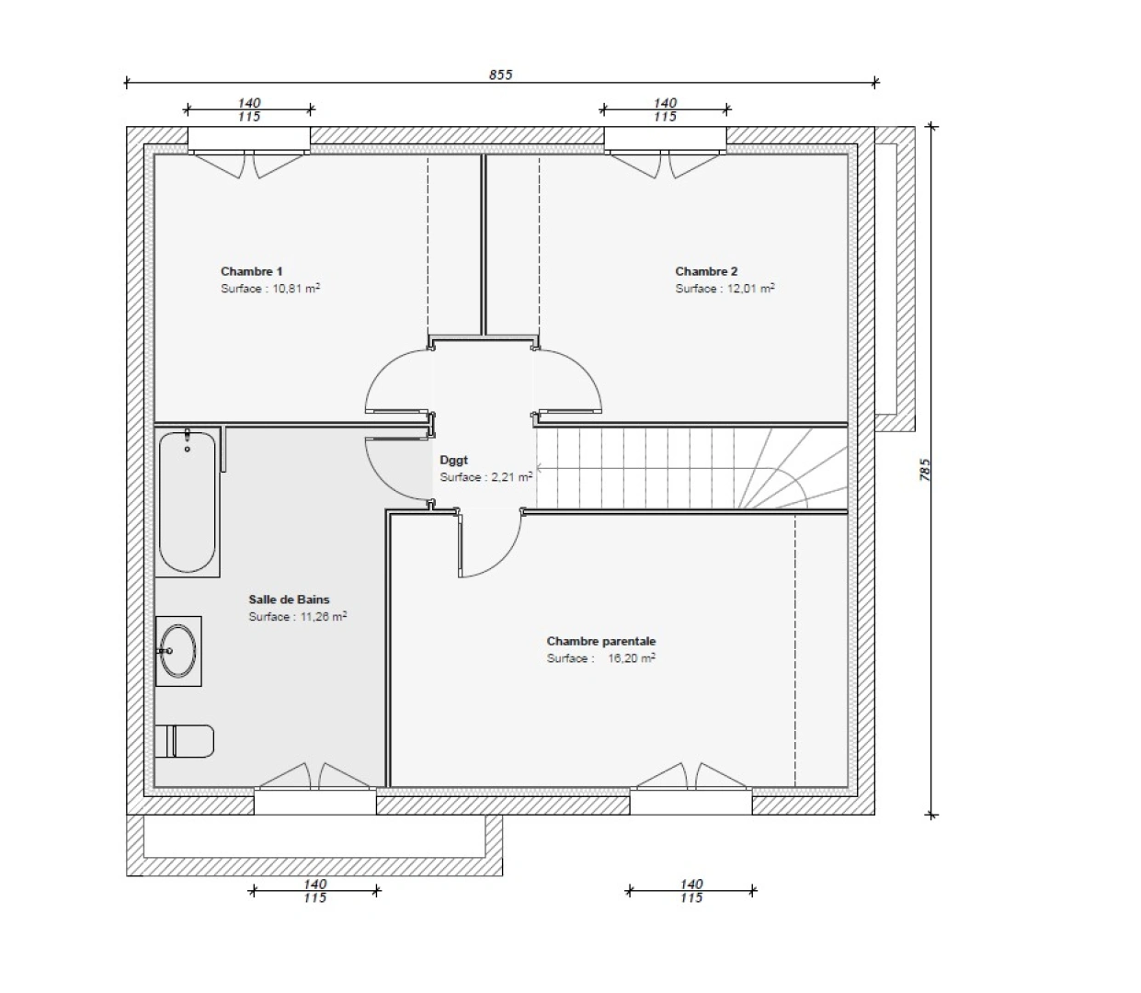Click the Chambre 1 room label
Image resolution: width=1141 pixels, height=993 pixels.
252,271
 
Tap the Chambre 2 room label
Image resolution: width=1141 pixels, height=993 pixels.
706,271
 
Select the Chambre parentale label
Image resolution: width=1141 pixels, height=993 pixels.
600,641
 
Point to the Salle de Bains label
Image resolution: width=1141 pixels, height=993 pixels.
289,599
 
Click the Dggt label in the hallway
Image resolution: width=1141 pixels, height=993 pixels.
453,460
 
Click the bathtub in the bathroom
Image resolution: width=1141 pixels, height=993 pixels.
187,502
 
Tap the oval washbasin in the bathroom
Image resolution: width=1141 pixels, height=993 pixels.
177,651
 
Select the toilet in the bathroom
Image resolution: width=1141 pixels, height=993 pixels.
184,741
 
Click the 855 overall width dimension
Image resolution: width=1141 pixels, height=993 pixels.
500,74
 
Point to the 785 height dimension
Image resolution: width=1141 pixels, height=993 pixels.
924,470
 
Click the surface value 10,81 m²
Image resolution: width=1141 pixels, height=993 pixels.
295,289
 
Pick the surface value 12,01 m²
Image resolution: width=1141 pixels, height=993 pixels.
750,289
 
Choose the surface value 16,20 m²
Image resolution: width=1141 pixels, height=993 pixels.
632,658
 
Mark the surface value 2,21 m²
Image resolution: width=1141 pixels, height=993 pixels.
508,476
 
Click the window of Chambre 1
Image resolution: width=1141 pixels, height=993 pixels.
249,140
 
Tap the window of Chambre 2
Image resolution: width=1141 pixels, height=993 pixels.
666,140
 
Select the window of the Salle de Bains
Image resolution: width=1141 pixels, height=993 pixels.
315,801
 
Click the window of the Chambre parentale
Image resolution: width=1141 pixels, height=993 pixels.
691,801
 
